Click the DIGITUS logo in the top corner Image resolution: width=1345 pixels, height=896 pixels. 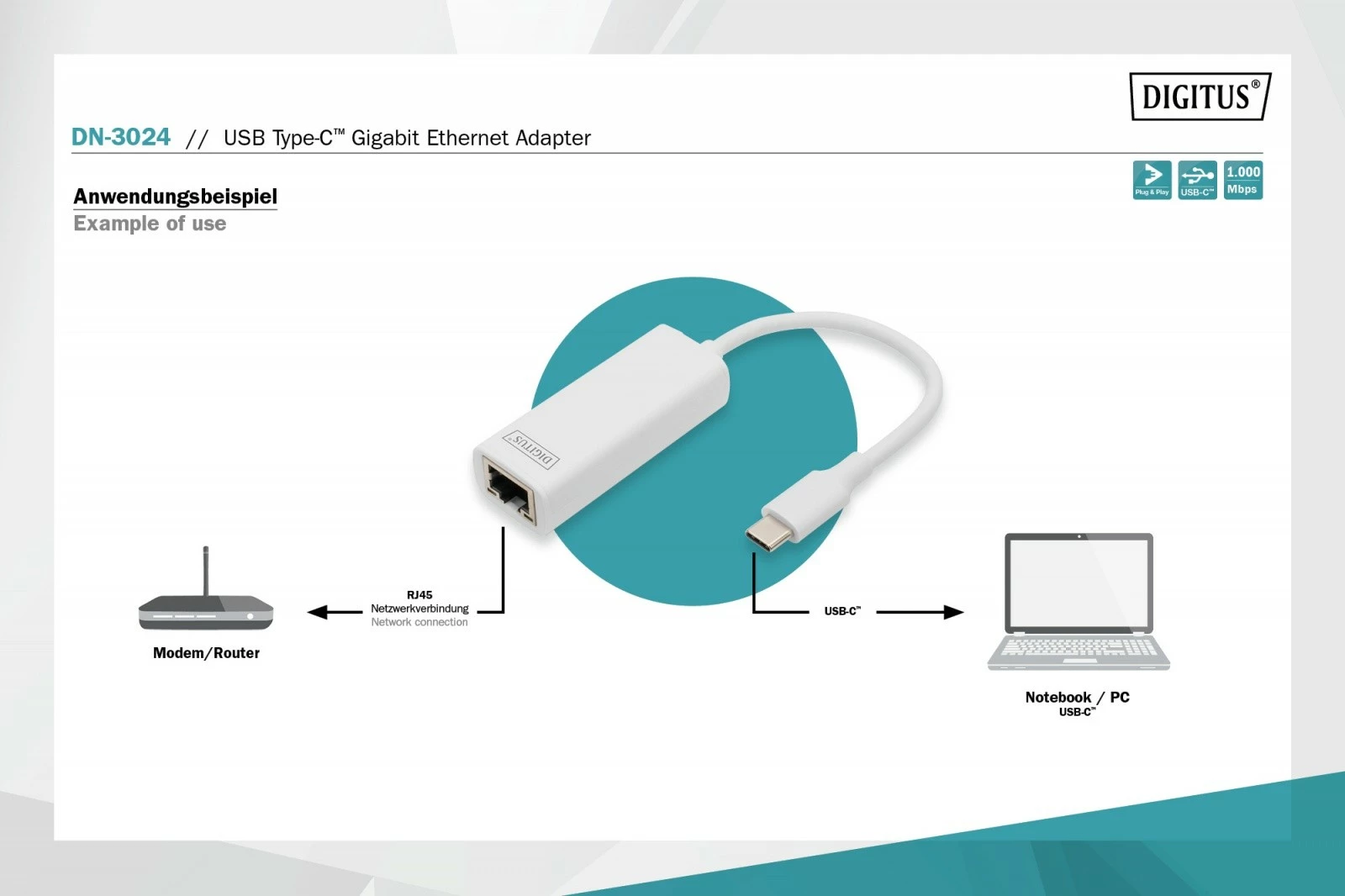point(1200,97)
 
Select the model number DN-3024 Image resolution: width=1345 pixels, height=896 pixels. point(121,137)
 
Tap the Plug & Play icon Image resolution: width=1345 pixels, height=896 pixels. point(1152,180)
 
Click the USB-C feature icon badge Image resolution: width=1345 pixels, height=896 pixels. point(1197,180)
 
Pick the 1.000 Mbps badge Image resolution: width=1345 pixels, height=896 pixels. point(1242,180)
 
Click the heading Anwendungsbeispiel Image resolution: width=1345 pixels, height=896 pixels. point(175,197)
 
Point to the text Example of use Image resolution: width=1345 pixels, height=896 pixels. point(150,224)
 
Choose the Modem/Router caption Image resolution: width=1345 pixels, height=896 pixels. point(206,653)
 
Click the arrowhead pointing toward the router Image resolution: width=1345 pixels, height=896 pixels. point(318,612)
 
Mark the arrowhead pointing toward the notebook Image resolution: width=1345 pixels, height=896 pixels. point(953,612)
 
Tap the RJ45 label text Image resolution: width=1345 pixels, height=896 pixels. point(419,595)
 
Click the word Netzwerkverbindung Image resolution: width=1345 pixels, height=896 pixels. point(419,609)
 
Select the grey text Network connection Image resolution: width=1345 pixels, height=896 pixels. point(419,622)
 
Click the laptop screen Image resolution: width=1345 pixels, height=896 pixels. point(1079,582)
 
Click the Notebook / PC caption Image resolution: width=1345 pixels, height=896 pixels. point(1077,698)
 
